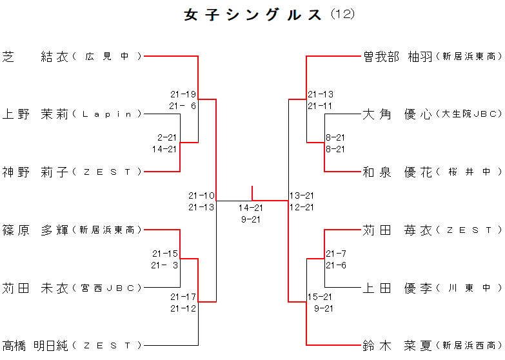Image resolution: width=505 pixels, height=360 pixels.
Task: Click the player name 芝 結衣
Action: [35, 57]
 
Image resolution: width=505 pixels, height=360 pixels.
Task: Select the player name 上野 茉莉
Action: [35, 114]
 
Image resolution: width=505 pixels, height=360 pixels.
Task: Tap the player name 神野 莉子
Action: [35, 172]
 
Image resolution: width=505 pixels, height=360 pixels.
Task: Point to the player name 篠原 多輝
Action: [35, 230]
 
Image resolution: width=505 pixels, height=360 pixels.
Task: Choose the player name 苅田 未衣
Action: [35, 288]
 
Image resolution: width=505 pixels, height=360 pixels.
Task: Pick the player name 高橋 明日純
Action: [35, 345]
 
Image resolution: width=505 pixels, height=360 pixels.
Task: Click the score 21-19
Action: [183, 94]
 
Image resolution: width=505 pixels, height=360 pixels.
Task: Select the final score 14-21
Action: [251, 208]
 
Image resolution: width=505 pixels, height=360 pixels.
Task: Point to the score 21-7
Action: [336, 254]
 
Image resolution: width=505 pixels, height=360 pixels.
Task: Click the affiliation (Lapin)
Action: [107, 114]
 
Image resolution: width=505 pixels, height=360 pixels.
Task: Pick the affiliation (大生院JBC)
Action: [469, 114]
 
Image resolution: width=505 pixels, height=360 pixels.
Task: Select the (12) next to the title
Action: [342, 14]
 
